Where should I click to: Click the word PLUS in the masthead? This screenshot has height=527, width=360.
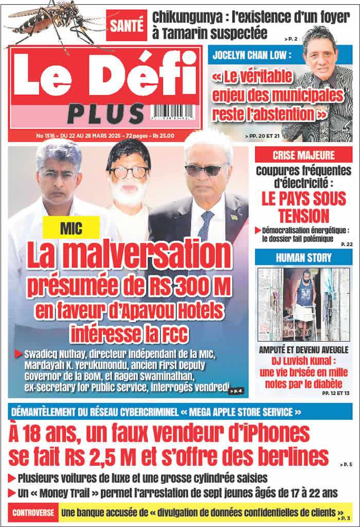click(x=105, y=114)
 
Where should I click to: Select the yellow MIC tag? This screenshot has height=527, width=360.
click(x=71, y=227)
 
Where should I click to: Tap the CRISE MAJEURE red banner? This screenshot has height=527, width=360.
click(x=303, y=155)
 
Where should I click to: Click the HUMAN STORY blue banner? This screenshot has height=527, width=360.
click(x=303, y=257)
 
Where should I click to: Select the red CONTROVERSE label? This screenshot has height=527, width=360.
click(x=33, y=513)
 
